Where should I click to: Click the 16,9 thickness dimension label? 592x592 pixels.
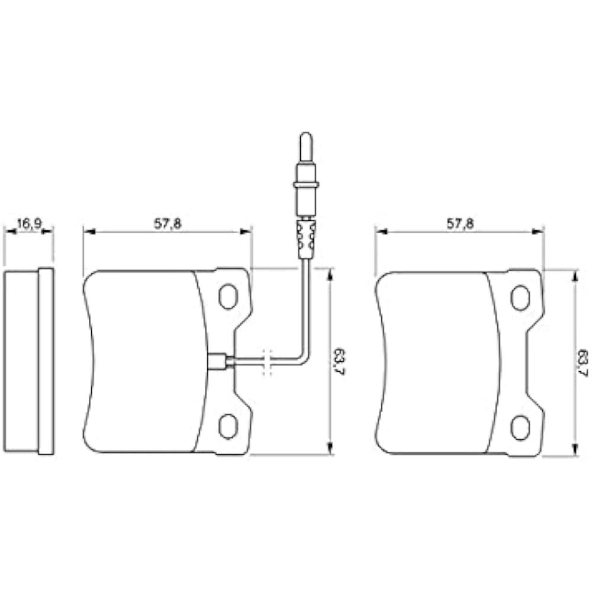pyautogui.click(x=28, y=223)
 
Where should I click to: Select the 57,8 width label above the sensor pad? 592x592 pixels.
pyautogui.click(x=168, y=223)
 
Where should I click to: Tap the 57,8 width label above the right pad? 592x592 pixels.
pyautogui.click(x=460, y=223)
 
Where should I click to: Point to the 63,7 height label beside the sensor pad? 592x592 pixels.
pyautogui.click(x=339, y=362)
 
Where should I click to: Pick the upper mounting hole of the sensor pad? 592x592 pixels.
pyautogui.click(x=228, y=297)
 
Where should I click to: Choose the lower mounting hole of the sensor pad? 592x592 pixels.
pyautogui.click(x=228, y=426)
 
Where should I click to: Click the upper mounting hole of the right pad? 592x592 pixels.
pyautogui.click(x=520, y=298)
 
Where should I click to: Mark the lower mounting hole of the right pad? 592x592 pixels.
pyautogui.click(x=520, y=427)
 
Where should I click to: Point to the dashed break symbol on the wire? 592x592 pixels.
pyautogui.click(x=267, y=362)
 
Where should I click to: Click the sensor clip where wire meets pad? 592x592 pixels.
pyautogui.click(x=217, y=362)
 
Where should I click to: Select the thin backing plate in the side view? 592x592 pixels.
pyautogui.click(x=46, y=361)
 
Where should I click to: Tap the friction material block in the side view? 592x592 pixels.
pyautogui.click(x=21, y=361)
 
